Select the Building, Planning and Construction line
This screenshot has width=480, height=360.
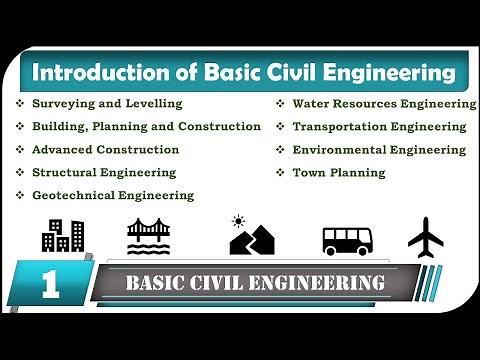click(x=146, y=127)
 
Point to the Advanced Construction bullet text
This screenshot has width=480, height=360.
click(x=105, y=150)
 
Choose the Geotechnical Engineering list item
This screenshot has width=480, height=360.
click(x=113, y=195)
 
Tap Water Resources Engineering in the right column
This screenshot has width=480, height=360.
click(x=384, y=104)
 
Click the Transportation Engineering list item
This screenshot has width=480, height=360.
click(x=379, y=127)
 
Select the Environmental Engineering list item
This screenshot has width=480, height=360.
click(x=379, y=150)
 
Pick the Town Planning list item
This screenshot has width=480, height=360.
click(x=338, y=173)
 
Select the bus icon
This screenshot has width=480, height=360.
click(x=346, y=239)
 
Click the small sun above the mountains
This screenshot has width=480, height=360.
click(x=238, y=220)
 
